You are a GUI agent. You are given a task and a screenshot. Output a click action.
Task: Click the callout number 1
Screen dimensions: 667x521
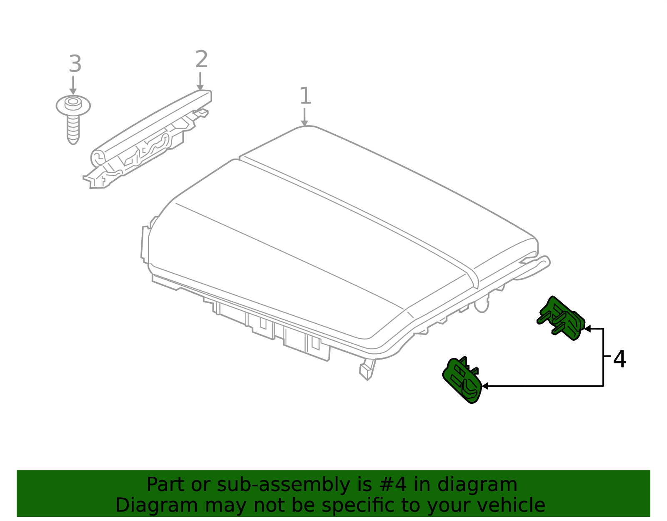(x=305, y=96)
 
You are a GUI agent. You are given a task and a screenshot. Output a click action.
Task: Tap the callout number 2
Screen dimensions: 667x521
(x=202, y=59)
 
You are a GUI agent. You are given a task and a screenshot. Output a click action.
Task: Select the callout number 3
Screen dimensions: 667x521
(x=75, y=64)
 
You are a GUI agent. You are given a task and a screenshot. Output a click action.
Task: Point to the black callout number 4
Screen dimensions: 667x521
(x=619, y=359)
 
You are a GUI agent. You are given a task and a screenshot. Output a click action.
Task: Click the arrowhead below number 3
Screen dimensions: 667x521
(x=73, y=91)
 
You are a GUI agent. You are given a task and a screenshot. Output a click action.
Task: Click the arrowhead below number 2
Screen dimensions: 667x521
(x=200, y=87)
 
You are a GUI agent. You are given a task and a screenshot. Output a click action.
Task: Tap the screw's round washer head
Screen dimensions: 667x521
(x=73, y=105)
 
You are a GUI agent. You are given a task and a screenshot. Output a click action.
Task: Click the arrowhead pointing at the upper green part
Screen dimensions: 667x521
(x=587, y=329)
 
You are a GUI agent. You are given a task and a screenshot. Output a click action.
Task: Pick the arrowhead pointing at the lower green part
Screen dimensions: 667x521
(x=485, y=386)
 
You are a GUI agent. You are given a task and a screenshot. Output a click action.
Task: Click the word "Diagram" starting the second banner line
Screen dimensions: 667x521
(x=157, y=505)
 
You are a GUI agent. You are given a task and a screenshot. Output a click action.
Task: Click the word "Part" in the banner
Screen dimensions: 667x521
(x=166, y=484)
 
